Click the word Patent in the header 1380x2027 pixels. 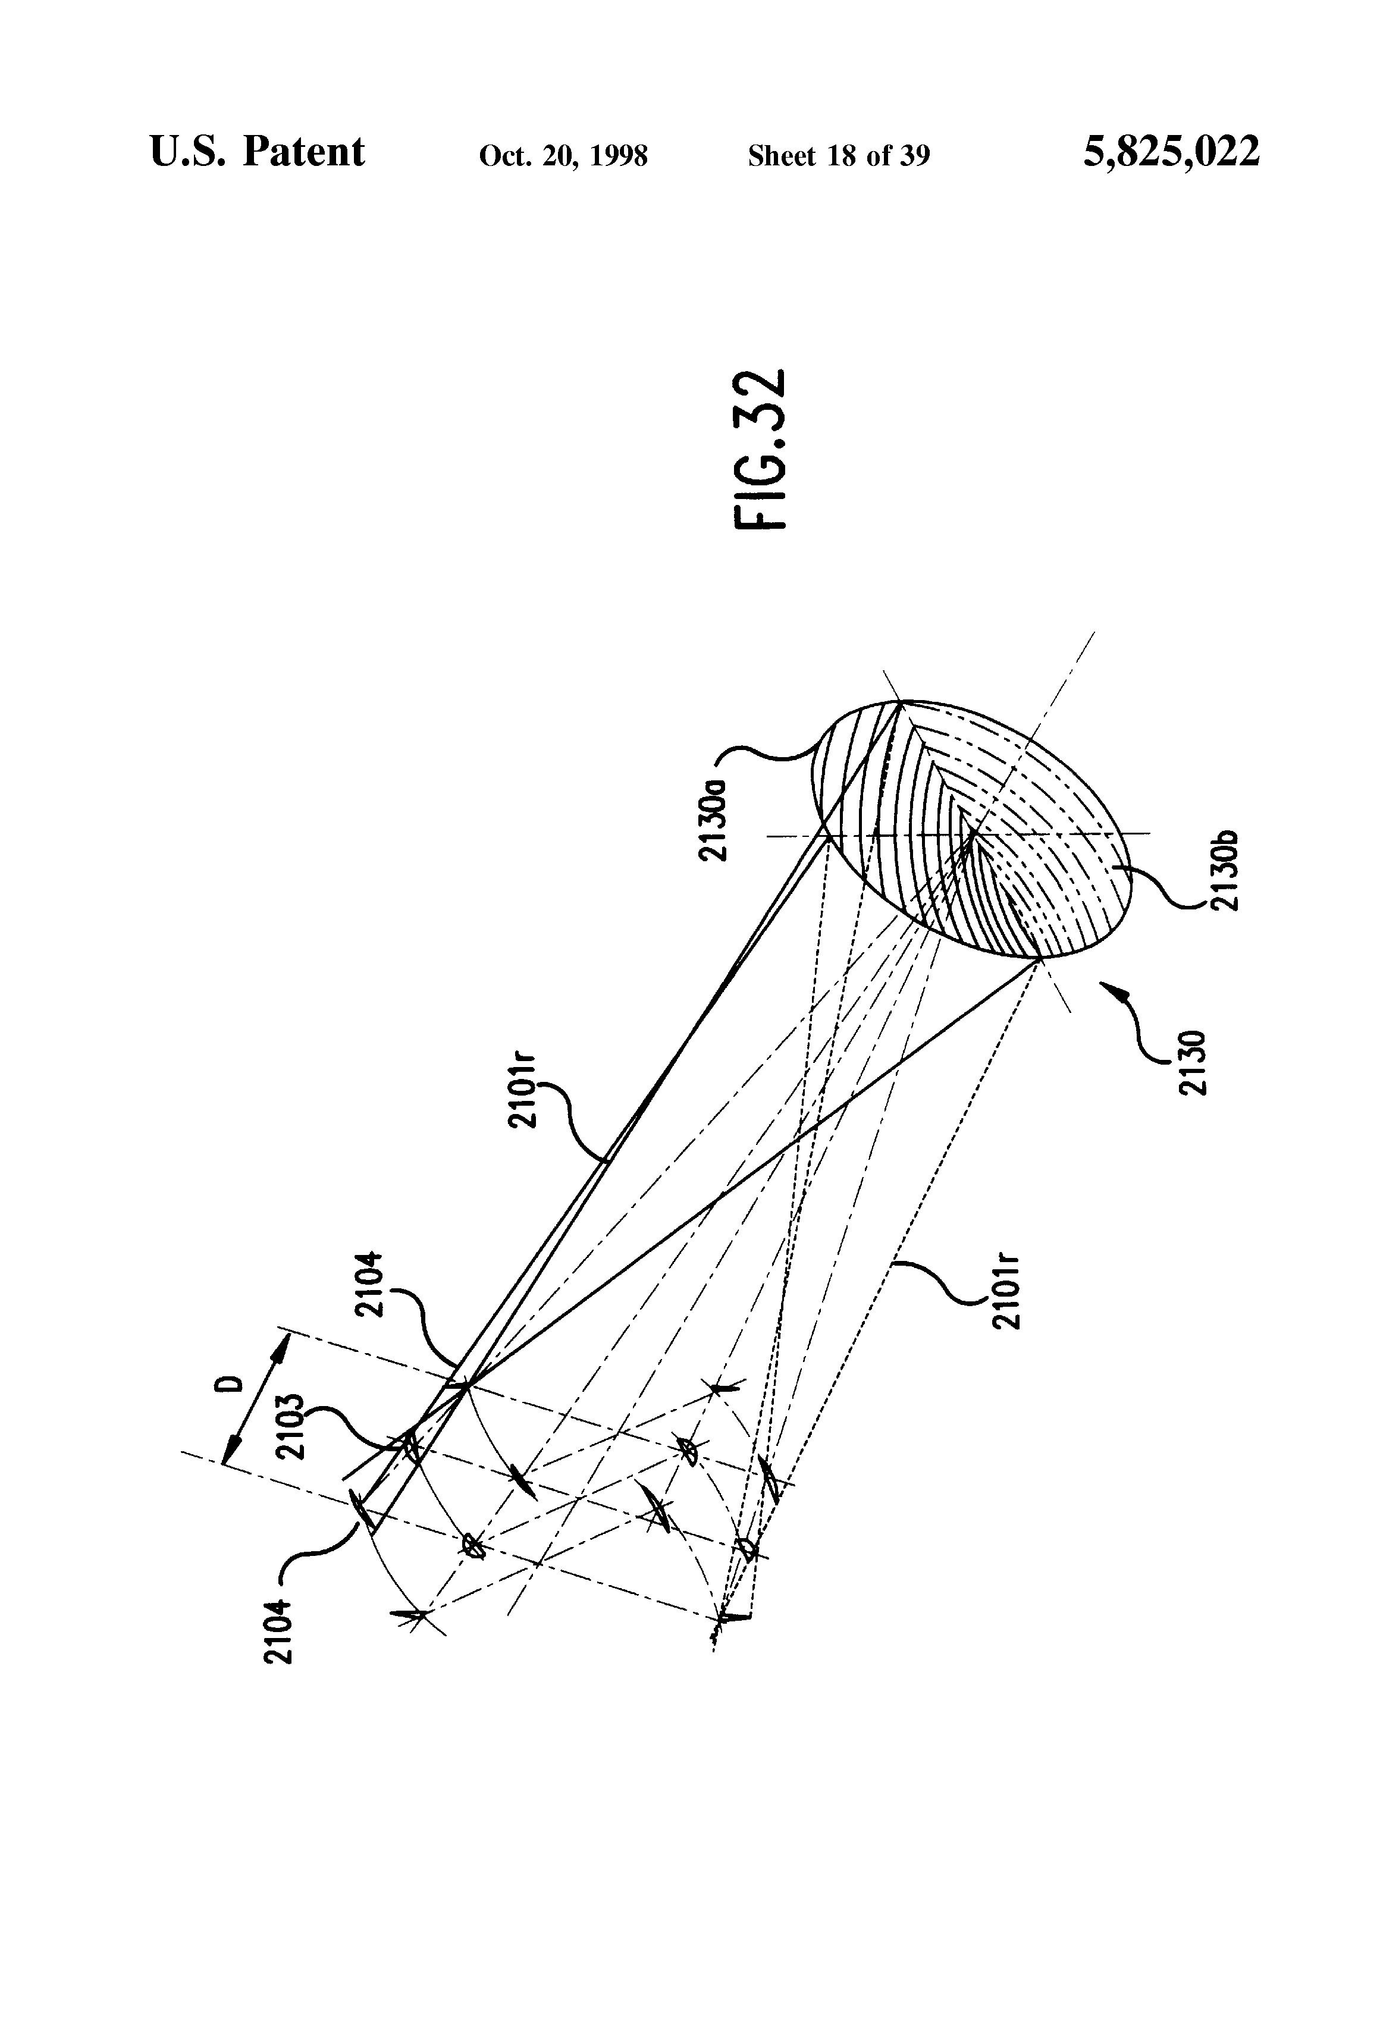303,152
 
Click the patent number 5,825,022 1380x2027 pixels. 1171,152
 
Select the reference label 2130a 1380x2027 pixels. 714,811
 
